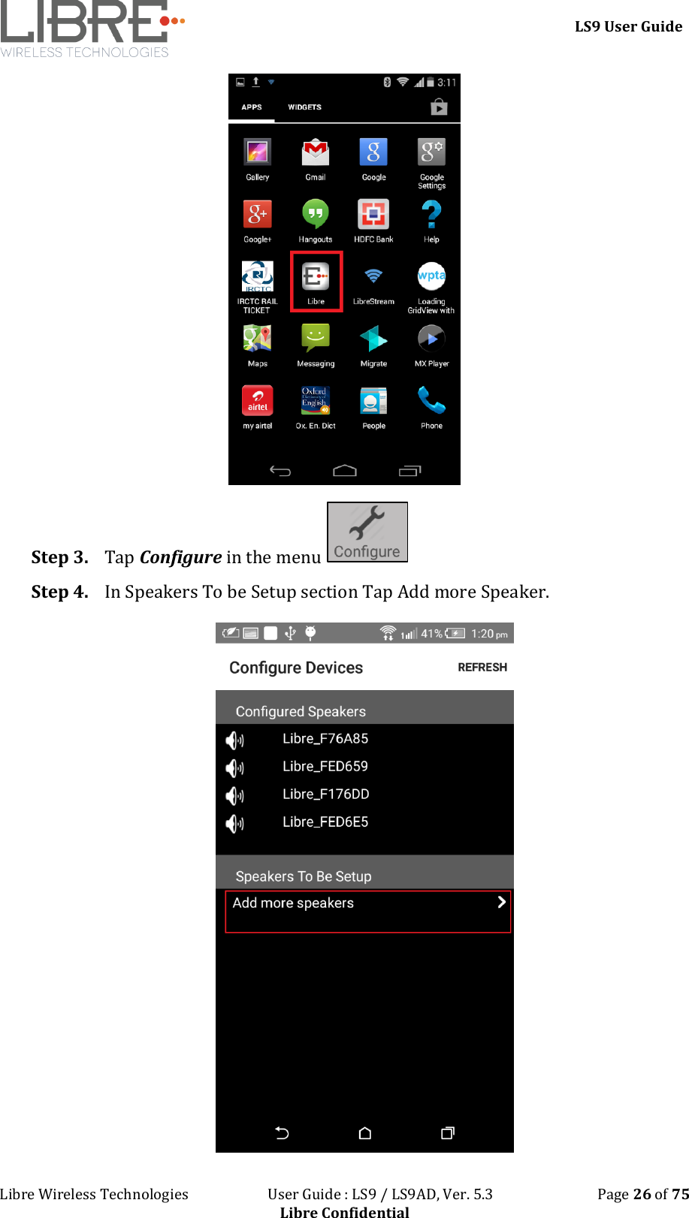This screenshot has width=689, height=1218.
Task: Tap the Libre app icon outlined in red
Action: tap(316, 277)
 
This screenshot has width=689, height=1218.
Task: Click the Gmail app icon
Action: tap(316, 152)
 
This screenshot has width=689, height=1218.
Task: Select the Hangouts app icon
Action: tap(316, 214)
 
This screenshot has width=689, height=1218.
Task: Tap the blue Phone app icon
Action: tap(431, 400)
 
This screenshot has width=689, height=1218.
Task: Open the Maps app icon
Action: tap(257, 339)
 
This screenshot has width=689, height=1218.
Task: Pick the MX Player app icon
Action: tap(431, 339)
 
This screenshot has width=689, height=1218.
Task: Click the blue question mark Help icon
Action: tap(431, 215)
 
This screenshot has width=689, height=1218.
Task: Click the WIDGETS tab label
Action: tap(304, 107)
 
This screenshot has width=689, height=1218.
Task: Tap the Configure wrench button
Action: tap(367, 532)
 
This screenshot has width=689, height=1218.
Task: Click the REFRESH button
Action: tap(482, 668)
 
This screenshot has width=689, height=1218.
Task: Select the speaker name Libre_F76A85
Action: tap(325, 739)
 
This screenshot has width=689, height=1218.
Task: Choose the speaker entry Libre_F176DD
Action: tap(326, 794)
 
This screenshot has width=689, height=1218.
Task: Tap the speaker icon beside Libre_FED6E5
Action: tap(234, 824)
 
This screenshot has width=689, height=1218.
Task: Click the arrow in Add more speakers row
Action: tap(501, 902)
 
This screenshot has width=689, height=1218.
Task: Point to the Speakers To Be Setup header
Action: tap(304, 876)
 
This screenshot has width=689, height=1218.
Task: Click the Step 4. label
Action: tap(59, 592)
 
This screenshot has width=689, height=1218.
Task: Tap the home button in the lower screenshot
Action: tap(365, 1133)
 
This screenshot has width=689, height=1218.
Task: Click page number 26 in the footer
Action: tap(642, 1194)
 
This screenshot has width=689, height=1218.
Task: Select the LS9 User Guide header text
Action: tap(628, 26)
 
